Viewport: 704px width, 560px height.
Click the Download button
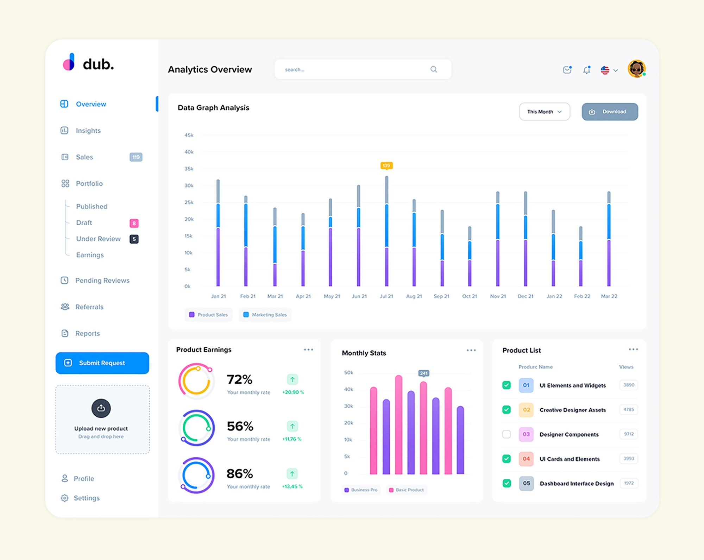[x=610, y=112]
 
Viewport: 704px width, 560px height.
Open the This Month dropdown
[x=544, y=112]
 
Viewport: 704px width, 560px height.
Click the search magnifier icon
[x=434, y=69]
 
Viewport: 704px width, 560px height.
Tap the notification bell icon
[x=586, y=70]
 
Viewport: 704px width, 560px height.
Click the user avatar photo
[x=636, y=69]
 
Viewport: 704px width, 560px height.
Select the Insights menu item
[x=88, y=131]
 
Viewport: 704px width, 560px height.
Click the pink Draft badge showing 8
[x=134, y=223]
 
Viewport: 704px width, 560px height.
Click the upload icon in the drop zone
[x=101, y=408]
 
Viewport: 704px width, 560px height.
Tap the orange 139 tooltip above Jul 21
[x=386, y=165]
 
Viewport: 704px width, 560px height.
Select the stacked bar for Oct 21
[x=470, y=257]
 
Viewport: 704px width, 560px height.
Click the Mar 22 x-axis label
[x=609, y=296]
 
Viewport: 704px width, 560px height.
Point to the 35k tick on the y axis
[x=189, y=169]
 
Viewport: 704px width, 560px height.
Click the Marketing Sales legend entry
[x=266, y=315]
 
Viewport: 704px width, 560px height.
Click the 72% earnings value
[x=239, y=379]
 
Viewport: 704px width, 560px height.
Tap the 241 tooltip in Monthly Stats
[x=423, y=373]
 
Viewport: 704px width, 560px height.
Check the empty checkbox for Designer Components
[x=507, y=434]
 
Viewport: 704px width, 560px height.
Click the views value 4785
[x=629, y=410]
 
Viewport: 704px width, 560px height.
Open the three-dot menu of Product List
[x=633, y=350]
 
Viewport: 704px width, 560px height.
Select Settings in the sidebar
[x=87, y=498]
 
